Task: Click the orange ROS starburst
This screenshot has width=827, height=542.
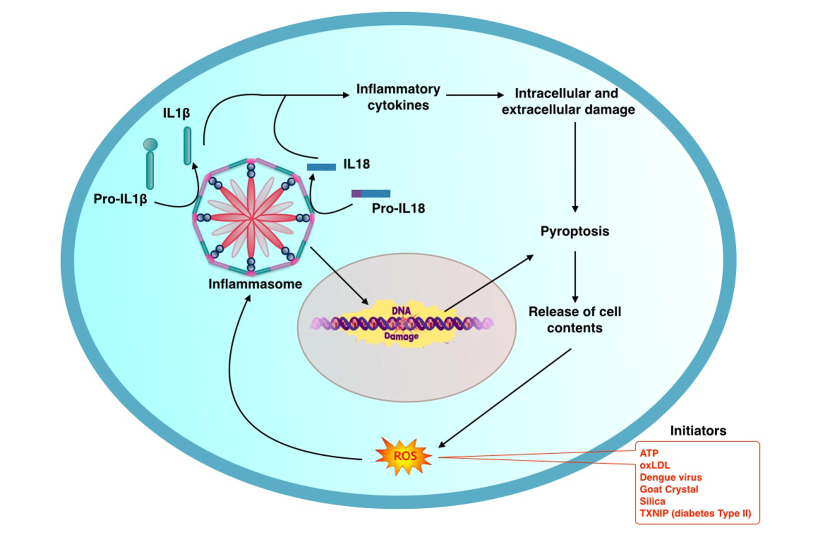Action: [x=404, y=456]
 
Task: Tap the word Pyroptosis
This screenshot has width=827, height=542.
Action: [x=575, y=231]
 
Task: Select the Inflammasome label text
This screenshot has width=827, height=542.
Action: [x=255, y=284]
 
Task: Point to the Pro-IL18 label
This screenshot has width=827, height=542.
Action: [x=398, y=208]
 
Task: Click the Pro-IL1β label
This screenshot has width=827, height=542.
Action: [x=120, y=198]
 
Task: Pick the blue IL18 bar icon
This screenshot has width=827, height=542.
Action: [x=321, y=167]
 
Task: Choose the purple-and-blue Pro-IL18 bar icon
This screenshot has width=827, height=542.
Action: [x=371, y=194]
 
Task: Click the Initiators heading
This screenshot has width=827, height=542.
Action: [x=698, y=430]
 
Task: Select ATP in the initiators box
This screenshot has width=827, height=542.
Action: [x=649, y=453]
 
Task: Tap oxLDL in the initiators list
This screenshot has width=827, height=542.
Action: [x=654, y=465]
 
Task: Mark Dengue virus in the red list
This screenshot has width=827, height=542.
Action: [x=670, y=477]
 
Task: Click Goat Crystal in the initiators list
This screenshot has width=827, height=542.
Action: [x=669, y=489]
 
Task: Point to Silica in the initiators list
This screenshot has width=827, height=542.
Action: [x=652, y=501]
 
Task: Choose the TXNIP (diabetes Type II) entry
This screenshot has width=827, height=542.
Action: [x=695, y=513]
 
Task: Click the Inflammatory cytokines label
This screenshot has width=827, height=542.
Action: [x=398, y=97]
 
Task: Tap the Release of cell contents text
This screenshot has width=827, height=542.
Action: [x=575, y=320]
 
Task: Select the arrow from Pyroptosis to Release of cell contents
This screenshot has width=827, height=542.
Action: [x=575, y=276]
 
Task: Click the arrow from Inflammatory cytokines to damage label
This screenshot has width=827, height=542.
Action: [x=474, y=95]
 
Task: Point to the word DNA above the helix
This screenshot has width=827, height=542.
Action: [x=401, y=311]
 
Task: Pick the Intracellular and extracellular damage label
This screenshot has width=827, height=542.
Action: [x=568, y=101]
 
